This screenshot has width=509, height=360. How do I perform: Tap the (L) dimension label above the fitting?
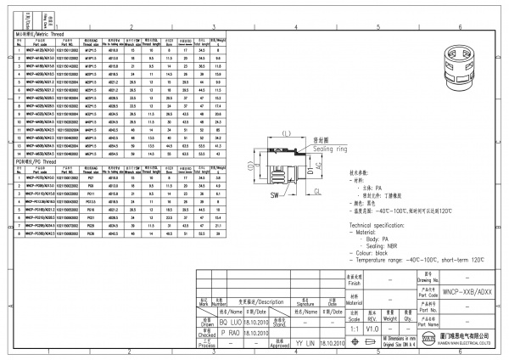286,133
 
